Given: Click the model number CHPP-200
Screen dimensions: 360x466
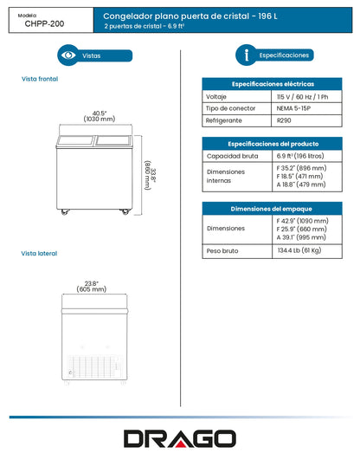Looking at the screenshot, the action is [x=44, y=23].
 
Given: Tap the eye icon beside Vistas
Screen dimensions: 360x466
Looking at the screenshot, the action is [x=68, y=55].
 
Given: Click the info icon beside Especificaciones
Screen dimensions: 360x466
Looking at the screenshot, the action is [x=247, y=55].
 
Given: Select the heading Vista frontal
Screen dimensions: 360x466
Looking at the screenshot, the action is [x=40, y=79].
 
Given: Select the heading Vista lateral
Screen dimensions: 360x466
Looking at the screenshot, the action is [x=39, y=254].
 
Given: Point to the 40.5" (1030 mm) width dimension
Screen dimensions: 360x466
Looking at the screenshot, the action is [x=100, y=116].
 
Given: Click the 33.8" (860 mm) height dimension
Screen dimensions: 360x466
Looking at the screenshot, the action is [x=150, y=175].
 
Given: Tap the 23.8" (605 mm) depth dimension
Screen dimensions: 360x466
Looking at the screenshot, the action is [x=92, y=287].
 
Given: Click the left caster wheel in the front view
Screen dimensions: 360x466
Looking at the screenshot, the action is [x=64, y=212].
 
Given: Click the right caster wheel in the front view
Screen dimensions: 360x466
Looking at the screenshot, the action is [x=125, y=212].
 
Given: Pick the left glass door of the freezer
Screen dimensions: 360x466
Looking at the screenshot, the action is [x=75, y=141].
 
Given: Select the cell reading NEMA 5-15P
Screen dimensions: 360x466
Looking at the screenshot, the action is [x=293, y=108].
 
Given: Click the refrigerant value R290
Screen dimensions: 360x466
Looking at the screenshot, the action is [x=284, y=120].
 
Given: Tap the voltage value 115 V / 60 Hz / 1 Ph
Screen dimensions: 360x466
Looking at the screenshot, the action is [x=302, y=97].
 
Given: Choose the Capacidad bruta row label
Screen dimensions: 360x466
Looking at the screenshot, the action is [x=232, y=156].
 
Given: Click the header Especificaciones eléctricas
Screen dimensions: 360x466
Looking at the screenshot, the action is [x=273, y=84].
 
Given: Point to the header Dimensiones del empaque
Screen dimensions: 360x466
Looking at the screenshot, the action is [x=271, y=209].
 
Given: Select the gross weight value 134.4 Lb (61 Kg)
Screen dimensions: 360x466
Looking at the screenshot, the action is [x=299, y=250].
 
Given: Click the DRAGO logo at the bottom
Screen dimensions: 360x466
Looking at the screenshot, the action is [x=180, y=438].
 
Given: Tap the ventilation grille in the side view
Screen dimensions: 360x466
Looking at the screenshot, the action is [x=95, y=366].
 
